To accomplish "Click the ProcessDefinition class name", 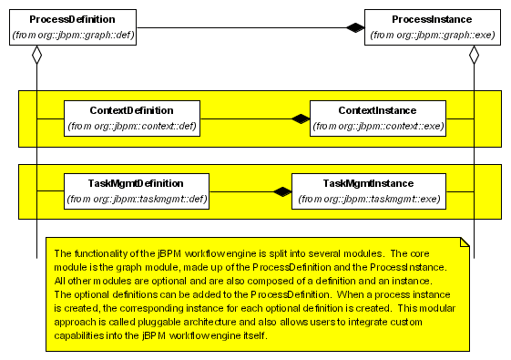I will click(x=71, y=18).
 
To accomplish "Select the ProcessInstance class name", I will click(x=432, y=18).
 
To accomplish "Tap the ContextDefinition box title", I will click(x=131, y=110).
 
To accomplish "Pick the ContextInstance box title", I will click(x=378, y=110).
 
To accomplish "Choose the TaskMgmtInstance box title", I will click(x=368, y=183).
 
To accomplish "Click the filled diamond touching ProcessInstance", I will click(x=355, y=27).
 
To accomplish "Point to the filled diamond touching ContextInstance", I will click(x=301, y=118).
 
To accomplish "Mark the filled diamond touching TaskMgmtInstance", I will click(x=282, y=191).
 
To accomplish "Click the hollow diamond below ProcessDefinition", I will click(x=36, y=55).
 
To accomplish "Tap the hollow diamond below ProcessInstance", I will click(x=474, y=55).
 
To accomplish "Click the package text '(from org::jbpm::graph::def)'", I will click(x=71, y=36).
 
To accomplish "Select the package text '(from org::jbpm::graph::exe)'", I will click(x=432, y=36).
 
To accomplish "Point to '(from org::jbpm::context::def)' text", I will click(x=131, y=127).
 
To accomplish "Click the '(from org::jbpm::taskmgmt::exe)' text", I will click(x=368, y=199).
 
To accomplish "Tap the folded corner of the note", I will click(x=464, y=242).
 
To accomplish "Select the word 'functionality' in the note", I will click(x=101, y=253).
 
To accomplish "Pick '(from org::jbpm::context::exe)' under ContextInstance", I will click(x=378, y=127).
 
